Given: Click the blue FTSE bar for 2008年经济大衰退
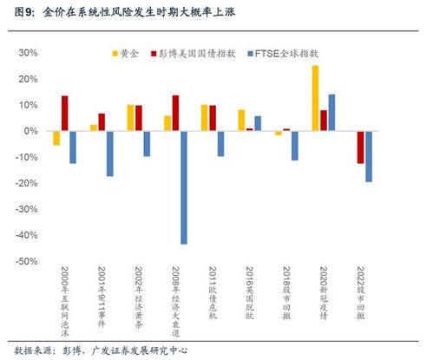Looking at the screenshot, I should pyautogui.click(x=184, y=187).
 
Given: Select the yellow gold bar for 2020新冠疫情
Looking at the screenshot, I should pyautogui.click(x=315, y=98).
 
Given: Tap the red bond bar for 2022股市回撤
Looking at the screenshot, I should pyautogui.click(x=360, y=147).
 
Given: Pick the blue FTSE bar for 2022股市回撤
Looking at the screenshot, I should pyautogui.click(x=369, y=156).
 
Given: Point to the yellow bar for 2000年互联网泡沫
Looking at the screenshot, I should pyautogui.click(x=56, y=138).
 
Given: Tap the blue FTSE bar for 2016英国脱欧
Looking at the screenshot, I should pyautogui.click(x=258, y=123).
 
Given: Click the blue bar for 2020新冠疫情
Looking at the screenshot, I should pyautogui.click(x=331, y=112).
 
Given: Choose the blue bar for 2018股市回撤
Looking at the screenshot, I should pyautogui.click(x=295, y=146).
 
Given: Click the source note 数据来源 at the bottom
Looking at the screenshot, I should pyautogui.click(x=25, y=350).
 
